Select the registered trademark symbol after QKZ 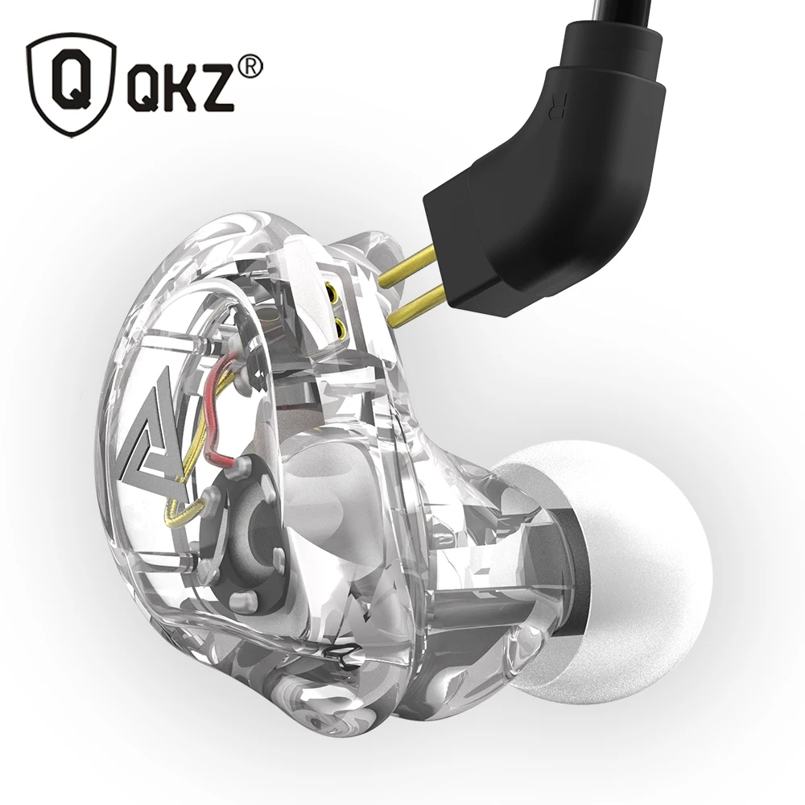251,70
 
